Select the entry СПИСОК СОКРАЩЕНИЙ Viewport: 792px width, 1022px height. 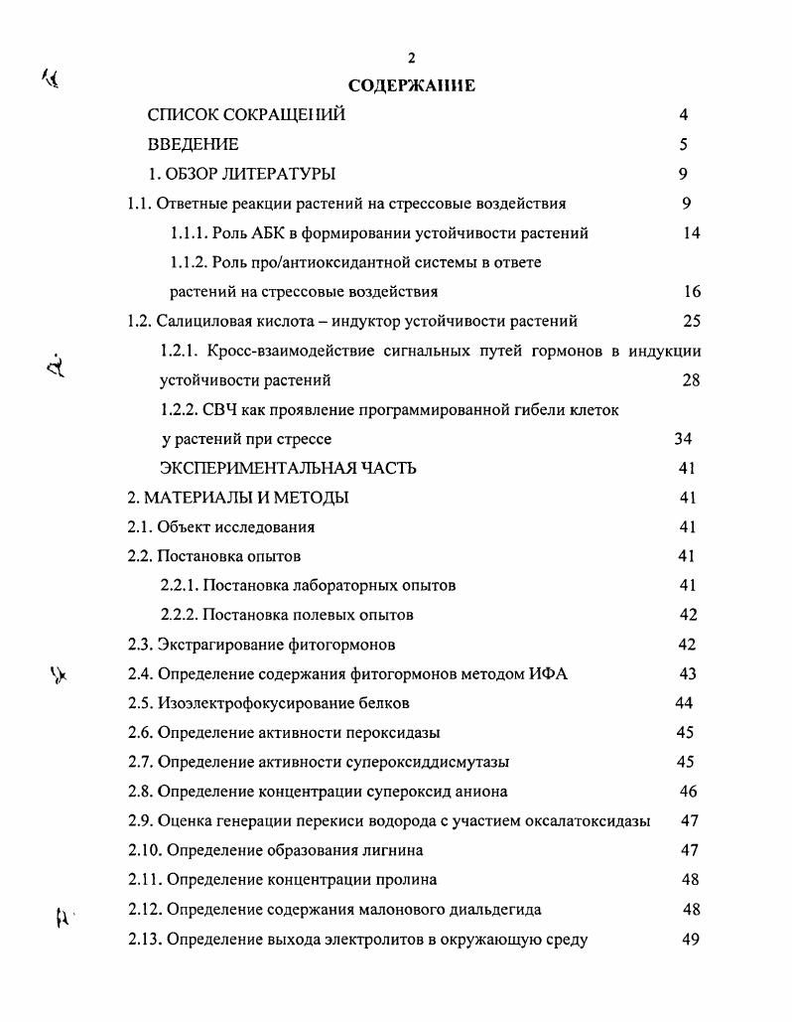(246, 115)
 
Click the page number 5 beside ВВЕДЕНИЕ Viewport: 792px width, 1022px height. (684, 145)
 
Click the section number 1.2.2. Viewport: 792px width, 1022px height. (180, 409)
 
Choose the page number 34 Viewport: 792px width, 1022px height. (682, 439)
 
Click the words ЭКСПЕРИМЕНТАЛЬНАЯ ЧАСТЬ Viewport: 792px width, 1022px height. (288, 468)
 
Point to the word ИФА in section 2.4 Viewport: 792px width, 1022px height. (547, 674)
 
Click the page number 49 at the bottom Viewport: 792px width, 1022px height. (692, 939)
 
